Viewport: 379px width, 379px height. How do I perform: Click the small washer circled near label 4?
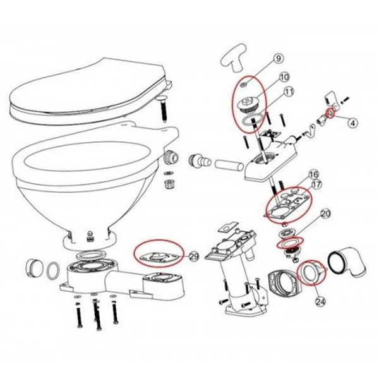[x=329, y=114]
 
